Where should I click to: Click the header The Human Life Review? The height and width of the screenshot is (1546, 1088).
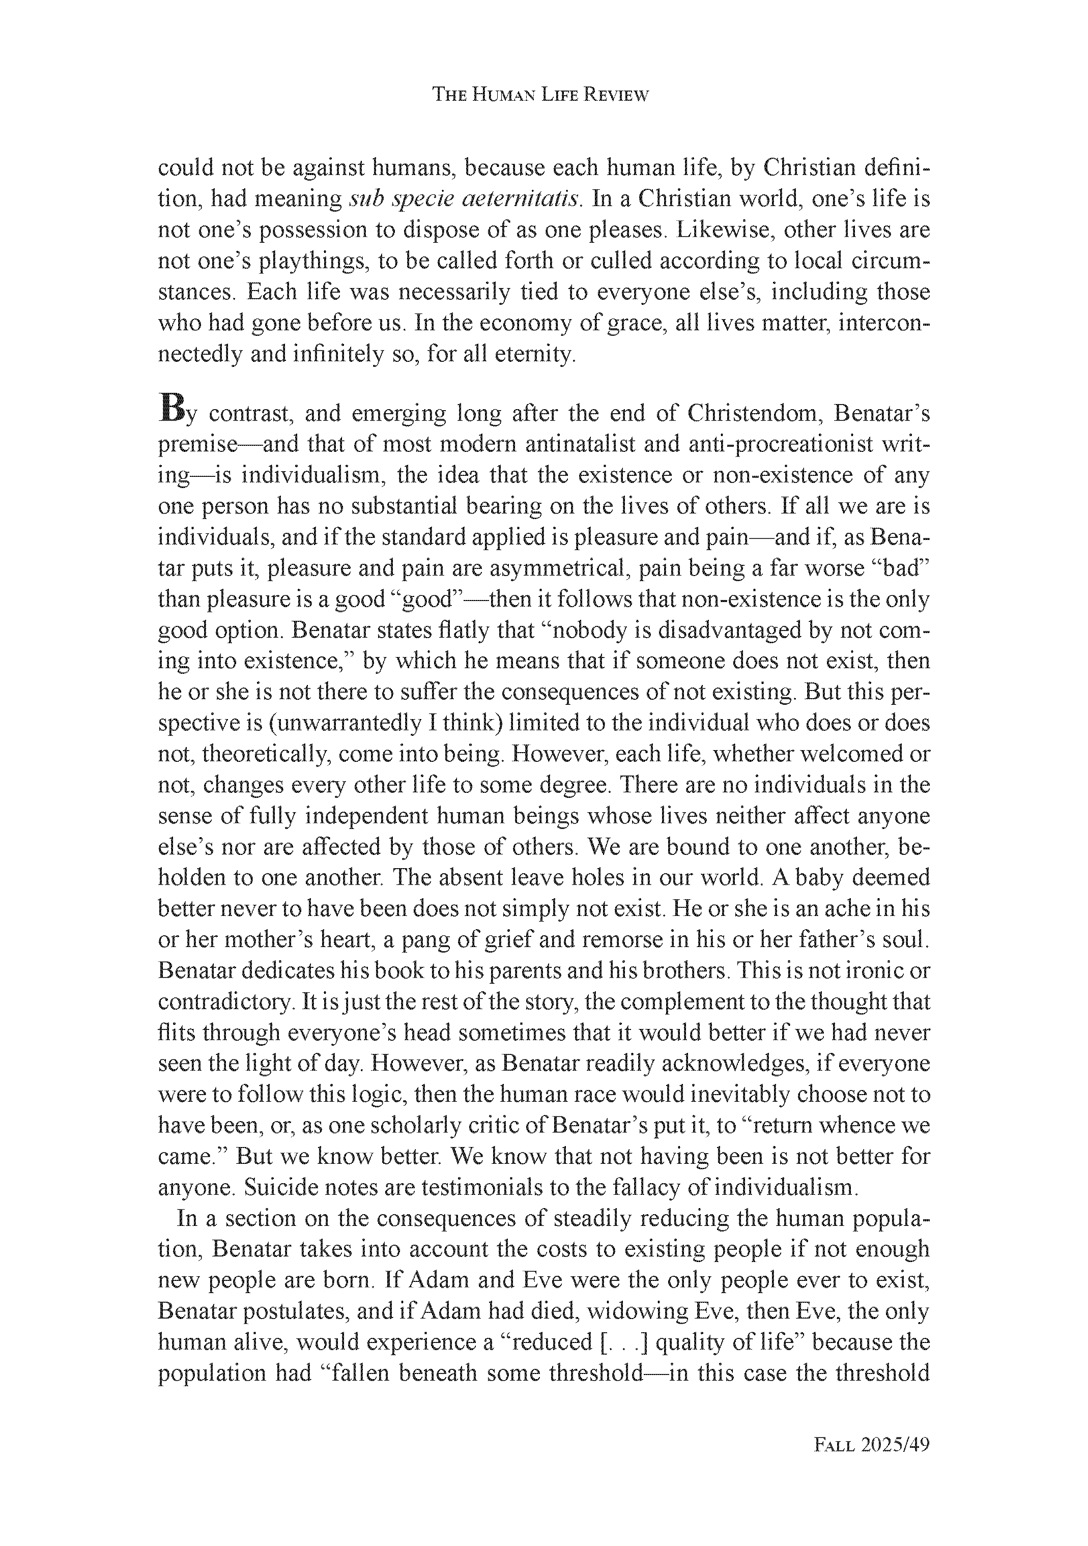point(540,95)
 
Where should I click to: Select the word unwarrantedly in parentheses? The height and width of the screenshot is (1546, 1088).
point(348,723)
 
